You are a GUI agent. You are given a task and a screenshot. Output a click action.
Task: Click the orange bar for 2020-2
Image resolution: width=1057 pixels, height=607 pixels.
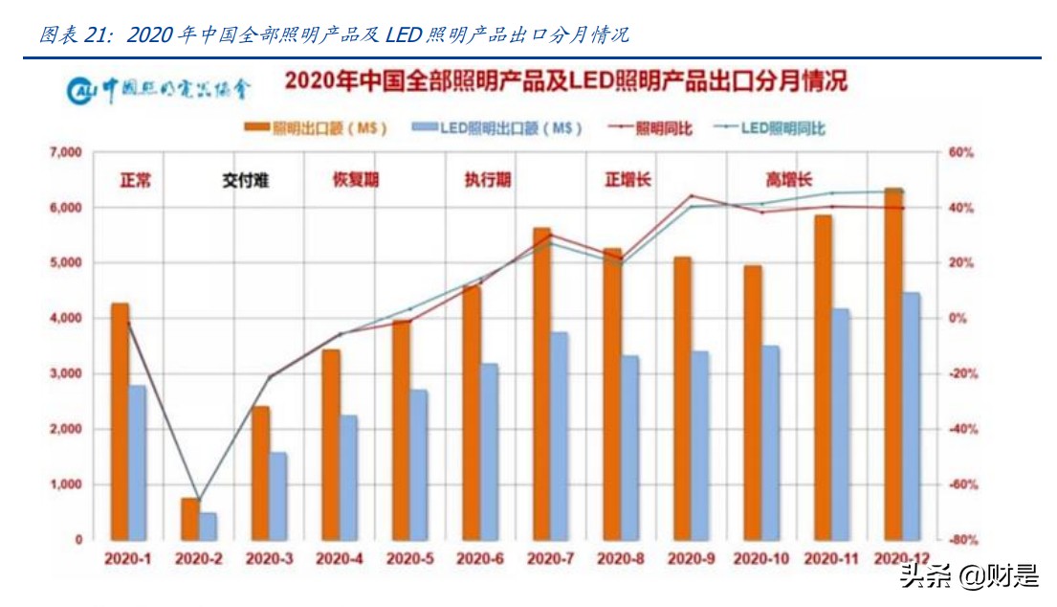tap(189, 519)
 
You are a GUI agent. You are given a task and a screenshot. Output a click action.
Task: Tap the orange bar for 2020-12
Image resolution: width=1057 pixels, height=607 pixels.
tap(892, 364)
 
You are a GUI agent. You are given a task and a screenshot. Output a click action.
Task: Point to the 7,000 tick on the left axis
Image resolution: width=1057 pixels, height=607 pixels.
tap(65, 152)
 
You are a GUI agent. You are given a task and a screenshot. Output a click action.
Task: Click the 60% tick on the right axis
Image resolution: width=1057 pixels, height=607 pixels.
tap(959, 152)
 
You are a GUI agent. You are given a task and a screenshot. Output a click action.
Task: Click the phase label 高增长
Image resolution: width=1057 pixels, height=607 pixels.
tap(788, 180)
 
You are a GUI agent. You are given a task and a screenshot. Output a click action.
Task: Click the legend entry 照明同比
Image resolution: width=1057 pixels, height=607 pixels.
tap(649, 128)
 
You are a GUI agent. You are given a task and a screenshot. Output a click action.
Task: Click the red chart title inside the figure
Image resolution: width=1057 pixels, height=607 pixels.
tap(564, 81)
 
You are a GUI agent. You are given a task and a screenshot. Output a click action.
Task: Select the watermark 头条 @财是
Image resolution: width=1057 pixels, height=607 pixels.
tap(967, 576)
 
